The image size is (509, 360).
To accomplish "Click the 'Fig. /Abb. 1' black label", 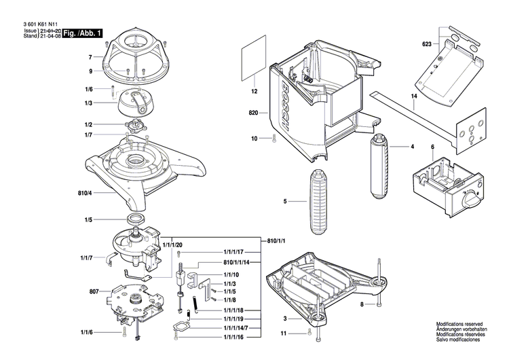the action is tap(82, 33).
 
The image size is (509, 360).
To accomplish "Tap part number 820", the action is tap(253, 113).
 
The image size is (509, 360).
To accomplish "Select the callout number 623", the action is tap(427, 44).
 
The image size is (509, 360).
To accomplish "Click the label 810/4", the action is tap(85, 193).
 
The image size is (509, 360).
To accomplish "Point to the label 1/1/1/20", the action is tap(172, 245).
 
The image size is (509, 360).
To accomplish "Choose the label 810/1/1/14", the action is tap(236, 262).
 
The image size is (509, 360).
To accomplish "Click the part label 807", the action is tap(94, 291).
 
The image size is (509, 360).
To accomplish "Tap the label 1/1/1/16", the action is tap(233, 338).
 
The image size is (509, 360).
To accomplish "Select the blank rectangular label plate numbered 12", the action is tap(254, 58).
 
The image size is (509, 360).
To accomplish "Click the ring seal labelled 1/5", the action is tap(136, 219).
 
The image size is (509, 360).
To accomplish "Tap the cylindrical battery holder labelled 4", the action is tap(378, 166).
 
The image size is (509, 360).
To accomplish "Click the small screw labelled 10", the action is tap(274, 139).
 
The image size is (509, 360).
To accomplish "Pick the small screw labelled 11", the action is tap(309, 332).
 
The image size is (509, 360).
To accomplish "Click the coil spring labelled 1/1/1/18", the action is tap(195, 305).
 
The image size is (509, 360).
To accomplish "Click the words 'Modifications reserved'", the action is tap(459, 324).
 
